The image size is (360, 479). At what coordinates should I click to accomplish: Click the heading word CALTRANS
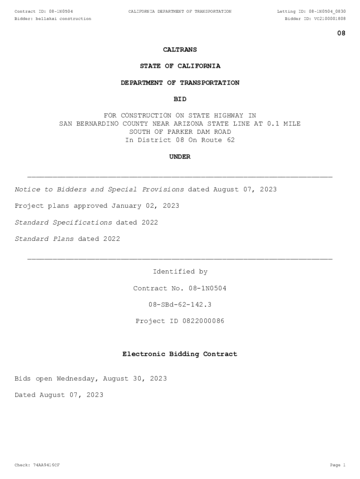point(180,50)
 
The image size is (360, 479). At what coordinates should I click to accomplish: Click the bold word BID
point(180,99)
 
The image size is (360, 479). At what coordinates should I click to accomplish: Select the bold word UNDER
point(180,157)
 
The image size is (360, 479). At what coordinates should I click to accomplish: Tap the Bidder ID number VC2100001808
point(330,19)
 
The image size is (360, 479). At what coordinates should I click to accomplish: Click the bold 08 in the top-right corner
point(341,33)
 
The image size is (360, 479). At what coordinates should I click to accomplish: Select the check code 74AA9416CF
point(46,465)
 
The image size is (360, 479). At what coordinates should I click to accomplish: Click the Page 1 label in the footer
point(338,465)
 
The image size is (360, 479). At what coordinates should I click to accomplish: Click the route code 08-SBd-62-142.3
point(180,305)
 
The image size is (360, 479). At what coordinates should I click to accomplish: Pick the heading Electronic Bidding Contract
point(180,354)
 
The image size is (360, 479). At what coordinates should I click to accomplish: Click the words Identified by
point(180,272)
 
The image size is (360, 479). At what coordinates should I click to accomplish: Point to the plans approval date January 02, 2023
point(145,206)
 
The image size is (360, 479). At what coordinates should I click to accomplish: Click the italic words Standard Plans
point(44,239)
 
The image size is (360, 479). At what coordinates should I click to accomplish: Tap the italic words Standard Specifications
point(64,222)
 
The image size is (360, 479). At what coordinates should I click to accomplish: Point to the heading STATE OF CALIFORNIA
point(180,66)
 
